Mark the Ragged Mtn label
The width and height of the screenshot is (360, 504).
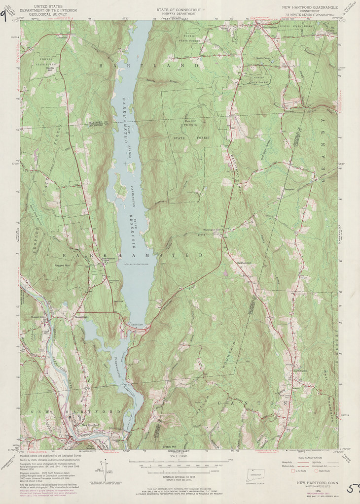tap(49, 265)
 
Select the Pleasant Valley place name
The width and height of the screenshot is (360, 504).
tap(37, 310)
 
